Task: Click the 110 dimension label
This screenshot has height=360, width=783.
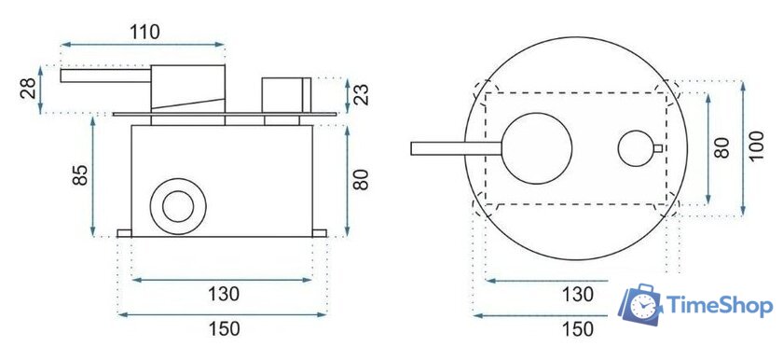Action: pyautogui.click(x=144, y=31)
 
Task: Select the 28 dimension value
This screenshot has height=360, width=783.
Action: pyautogui.click(x=27, y=90)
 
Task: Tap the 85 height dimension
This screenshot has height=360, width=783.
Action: pyautogui.click(x=81, y=176)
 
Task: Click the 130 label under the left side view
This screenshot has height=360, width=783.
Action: pyautogui.click(x=224, y=295)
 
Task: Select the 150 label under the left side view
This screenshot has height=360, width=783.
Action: pyautogui.click(x=224, y=328)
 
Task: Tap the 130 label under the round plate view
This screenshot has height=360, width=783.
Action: pyautogui.click(x=577, y=295)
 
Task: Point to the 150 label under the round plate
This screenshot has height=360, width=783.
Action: pyautogui.click(x=577, y=328)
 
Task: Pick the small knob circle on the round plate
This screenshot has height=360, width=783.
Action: pyautogui.click(x=636, y=148)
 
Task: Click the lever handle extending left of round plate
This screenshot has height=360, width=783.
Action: pyautogui.click(x=457, y=148)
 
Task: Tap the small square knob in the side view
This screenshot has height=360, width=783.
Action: pyautogui.click(x=286, y=94)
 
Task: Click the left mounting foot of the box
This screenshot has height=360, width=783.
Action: pyautogui.click(x=125, y=233)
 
